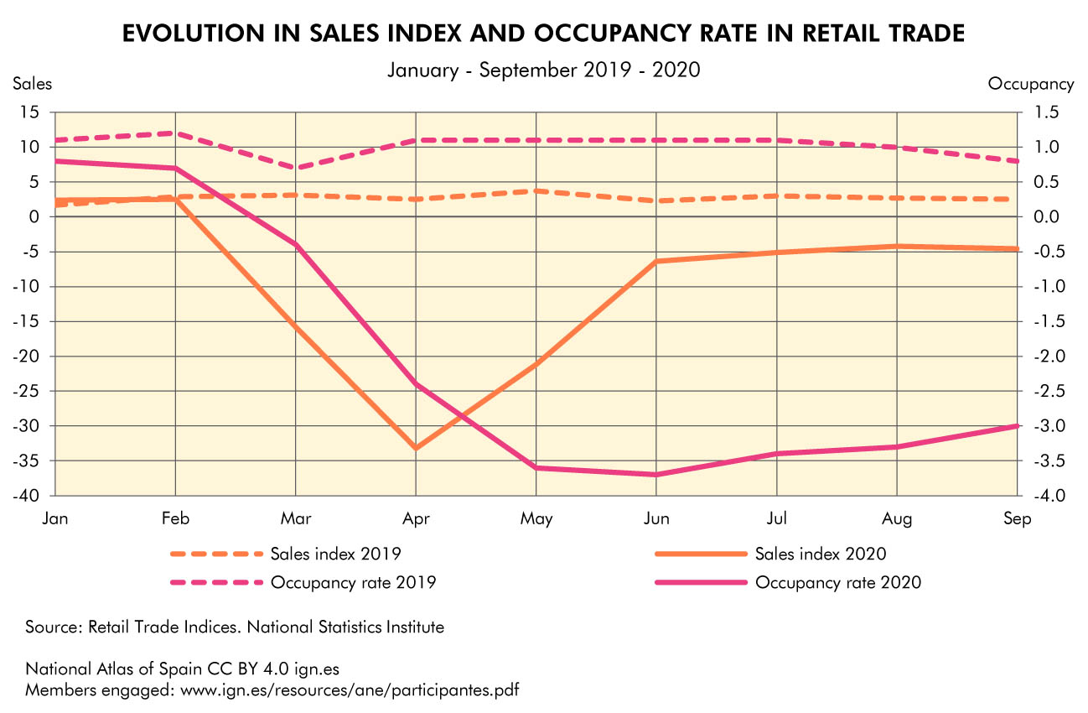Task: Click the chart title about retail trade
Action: click(543, 34)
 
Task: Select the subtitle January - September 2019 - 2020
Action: click(543, 70)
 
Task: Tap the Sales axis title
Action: click(32, 84)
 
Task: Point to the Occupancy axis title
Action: click(1031, 84)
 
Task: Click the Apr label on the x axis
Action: click(416, 519)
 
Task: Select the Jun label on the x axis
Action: click(656, 519)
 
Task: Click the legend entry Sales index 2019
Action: click(334, 554)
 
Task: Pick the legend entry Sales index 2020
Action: click(821, 554)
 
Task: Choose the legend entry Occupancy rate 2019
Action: click(353, 582)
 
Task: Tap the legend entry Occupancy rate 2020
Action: click(838, 582)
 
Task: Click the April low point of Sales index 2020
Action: click(416, 448)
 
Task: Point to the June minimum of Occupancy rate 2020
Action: click(656, 475)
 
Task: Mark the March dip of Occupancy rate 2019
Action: click(296, 168)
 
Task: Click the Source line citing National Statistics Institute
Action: click(235, 627)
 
